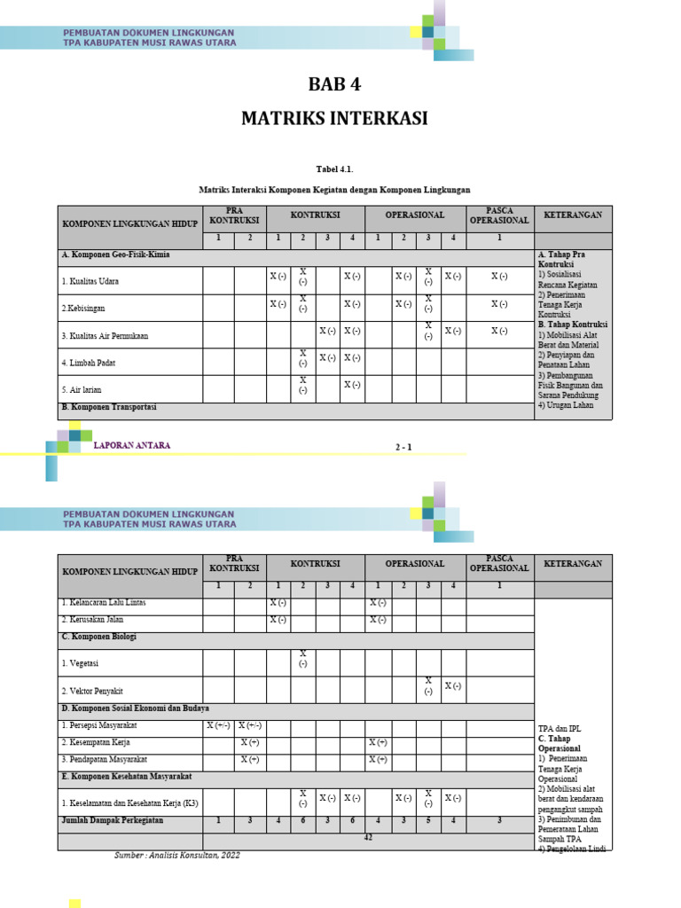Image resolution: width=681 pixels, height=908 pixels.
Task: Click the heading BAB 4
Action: [x=334, y=85]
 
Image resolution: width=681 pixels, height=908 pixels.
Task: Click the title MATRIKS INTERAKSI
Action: [x=334, y=119]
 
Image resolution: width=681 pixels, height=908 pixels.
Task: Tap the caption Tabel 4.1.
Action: [x=334, y=168]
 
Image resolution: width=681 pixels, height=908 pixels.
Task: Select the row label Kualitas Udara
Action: [x=90, y=282]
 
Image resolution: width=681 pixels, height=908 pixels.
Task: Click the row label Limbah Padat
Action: [x=89, y=363]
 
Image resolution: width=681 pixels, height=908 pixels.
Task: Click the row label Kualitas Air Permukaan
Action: [x=105, y=336]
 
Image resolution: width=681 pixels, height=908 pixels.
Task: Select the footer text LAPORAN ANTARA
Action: [x=132, y=445]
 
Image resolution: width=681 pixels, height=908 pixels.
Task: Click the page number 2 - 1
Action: [x=403, y=447]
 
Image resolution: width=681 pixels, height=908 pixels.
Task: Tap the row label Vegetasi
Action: [x=80, y=663]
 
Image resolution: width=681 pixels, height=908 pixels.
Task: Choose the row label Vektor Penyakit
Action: [x=92, y=691]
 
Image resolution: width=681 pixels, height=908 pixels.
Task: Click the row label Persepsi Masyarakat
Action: [x=99, y=726]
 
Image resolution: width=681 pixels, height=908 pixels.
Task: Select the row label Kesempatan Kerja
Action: [x=97, y=742]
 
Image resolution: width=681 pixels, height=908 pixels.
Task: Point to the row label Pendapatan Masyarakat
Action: [x=104, y=760]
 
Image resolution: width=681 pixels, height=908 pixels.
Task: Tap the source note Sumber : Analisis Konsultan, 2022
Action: [x=177, y=855]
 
